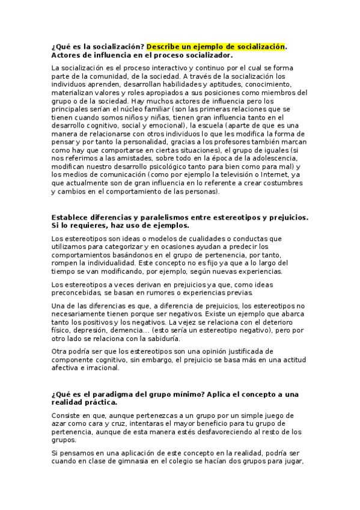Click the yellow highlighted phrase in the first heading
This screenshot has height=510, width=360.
216,46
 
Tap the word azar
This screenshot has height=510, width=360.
60,423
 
